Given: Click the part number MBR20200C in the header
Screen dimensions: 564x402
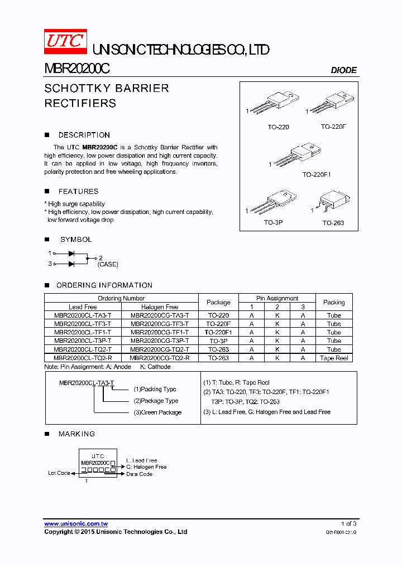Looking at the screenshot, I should (x=76, y=69).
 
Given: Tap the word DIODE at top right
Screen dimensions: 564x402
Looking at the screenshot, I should (x=343, y=70).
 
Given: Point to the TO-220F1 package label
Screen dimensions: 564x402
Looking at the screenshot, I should (x=317, y=174).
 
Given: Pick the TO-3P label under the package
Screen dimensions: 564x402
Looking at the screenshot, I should (x=273, y=223).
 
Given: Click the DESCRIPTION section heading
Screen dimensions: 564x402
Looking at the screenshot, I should (x=84, y=135).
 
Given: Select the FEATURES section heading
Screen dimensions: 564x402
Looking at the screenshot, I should (x=78, y=191).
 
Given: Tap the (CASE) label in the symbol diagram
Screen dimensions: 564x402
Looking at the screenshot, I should (x=108, y=264).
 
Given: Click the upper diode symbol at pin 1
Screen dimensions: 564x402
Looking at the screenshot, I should (x=71, y=253).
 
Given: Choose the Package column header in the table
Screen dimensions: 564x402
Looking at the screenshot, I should (x=218, y=302).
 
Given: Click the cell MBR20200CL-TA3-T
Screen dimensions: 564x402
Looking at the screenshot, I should (x=83, y=315).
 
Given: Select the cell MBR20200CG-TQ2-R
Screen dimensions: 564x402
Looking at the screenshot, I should (x=160, y=358).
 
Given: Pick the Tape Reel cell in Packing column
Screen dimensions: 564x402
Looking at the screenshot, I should (x=334, y=358).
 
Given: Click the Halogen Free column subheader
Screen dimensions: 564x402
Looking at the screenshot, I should (x=160, y=307).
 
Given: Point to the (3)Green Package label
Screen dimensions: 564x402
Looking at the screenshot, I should (x=157, y=412).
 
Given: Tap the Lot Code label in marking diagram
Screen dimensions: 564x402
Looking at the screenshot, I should (x=59, y=473).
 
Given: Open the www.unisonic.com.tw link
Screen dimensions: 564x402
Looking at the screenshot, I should (x=76, y=524).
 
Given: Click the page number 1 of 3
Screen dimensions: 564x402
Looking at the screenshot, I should (x=348, y=524).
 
